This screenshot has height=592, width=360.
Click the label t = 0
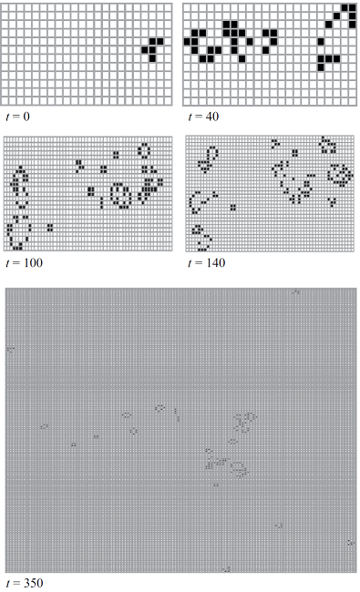pos(17,117)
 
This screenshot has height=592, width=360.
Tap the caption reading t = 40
pos(203,117)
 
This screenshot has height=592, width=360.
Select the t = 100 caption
pos(25,263)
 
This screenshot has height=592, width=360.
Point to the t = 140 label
pos(206,263)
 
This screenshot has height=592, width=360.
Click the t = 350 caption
pos(25,583)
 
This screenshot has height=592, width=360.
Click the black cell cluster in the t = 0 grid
pos(152,49)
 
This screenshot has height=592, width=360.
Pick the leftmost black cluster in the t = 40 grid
pos(202,46)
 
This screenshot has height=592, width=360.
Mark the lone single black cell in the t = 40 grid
pos(321,41)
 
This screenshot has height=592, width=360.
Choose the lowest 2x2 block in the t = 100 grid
pos(50,228)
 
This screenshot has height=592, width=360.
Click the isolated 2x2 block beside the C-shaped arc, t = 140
pos(233,207)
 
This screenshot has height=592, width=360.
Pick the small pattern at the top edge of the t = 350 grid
pos(296,291)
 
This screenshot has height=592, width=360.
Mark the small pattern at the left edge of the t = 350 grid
pos(11,350)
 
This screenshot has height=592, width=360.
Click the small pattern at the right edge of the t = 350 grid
pos(351,543)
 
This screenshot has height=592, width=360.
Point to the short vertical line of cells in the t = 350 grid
pos(177,414)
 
